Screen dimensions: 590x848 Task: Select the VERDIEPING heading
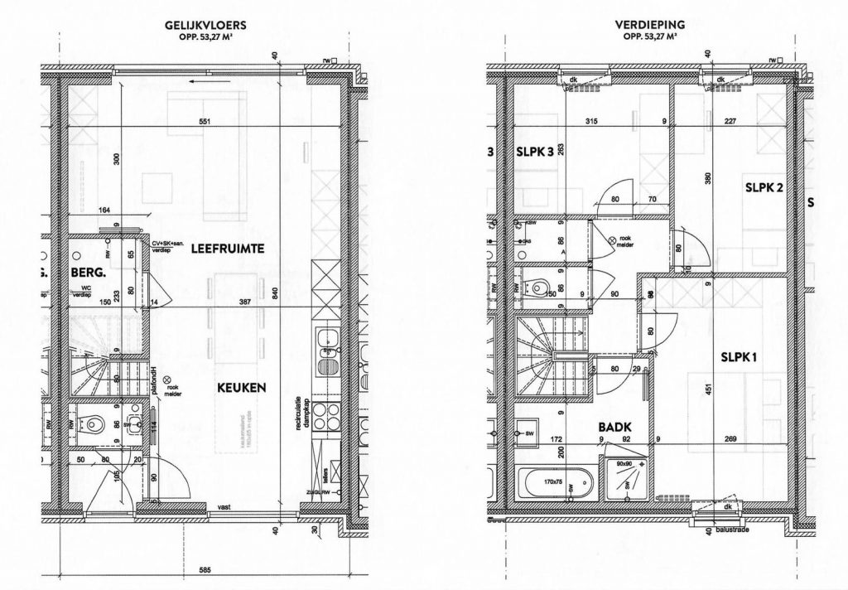(650, 27)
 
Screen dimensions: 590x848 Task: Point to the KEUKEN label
(242, 387)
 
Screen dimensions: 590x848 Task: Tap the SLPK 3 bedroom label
(533, 152)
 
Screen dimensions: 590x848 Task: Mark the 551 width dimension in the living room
(204, 123)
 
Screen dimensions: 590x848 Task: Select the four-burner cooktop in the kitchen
(325, 414)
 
